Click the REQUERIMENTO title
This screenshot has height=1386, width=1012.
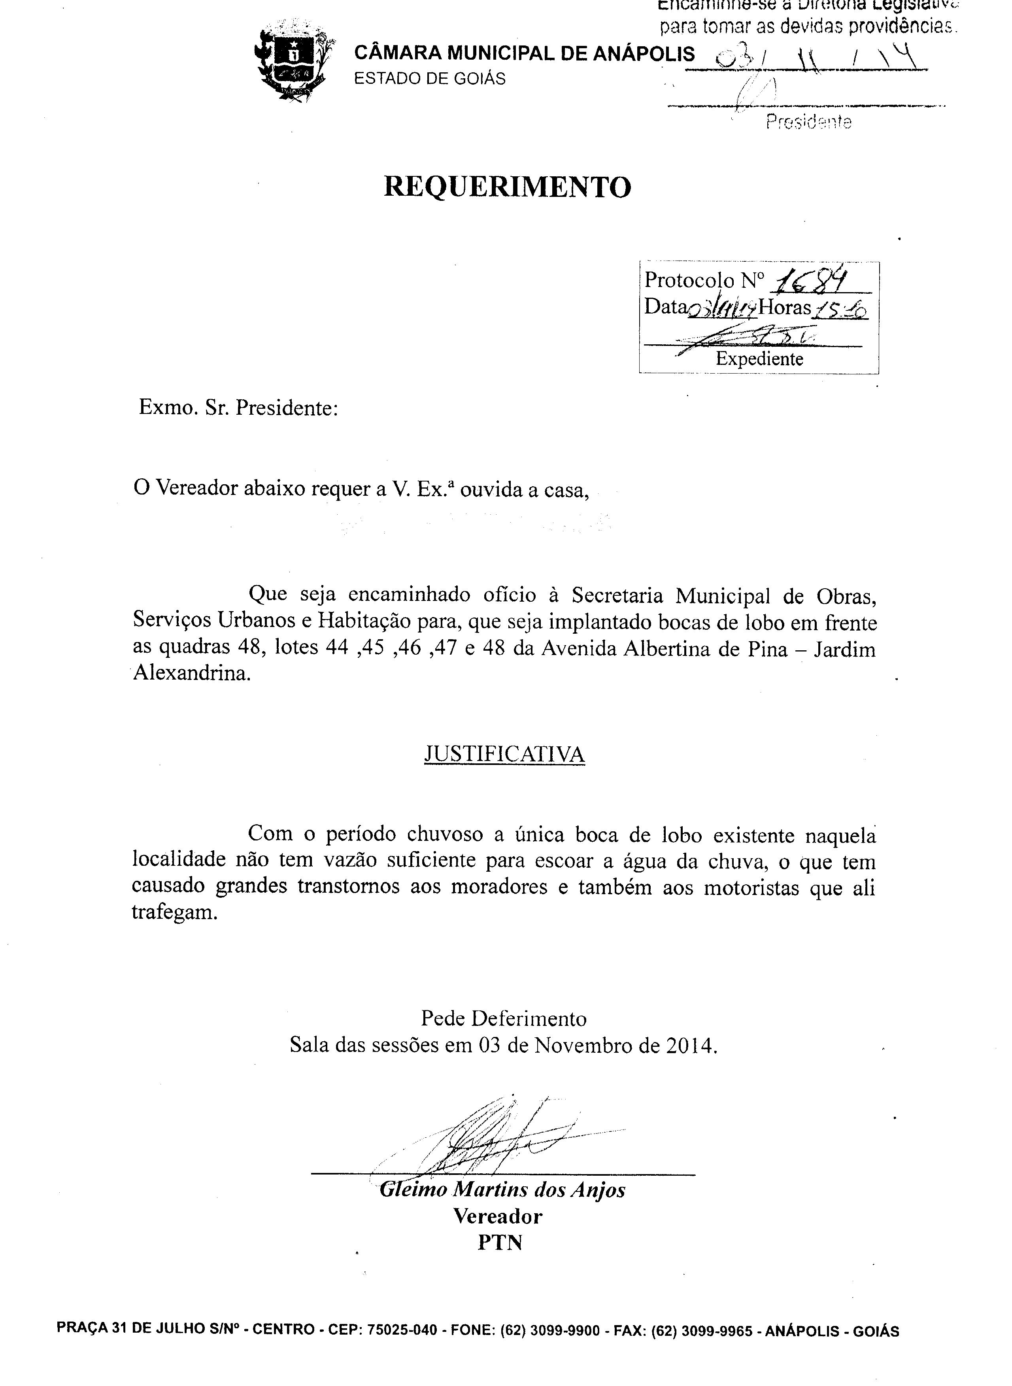(507, 187)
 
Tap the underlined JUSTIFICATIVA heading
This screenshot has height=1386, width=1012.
(504, 754)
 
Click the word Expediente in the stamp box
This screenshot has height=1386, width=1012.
(759, 358)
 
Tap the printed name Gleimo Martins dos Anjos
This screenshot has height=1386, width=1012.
(502, 1190)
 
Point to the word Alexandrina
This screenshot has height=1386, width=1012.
(192, 674)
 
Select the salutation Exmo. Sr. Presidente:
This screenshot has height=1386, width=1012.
(238, 407)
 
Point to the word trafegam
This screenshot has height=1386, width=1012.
(175, 913)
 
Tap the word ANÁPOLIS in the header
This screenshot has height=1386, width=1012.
(644, 54)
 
